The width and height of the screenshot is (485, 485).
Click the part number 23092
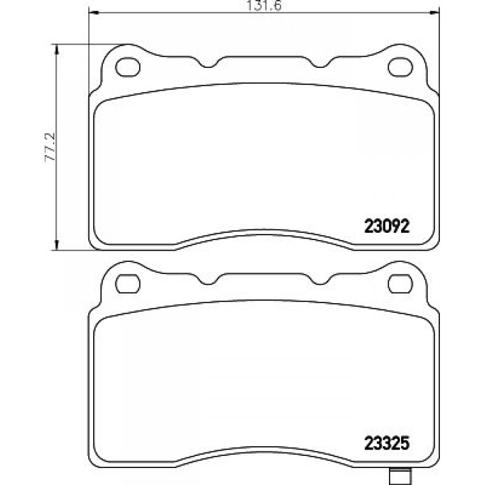click(387, 226)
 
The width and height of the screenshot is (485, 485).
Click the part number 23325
click(387, 443)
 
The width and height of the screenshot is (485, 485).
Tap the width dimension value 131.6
click(264, 5)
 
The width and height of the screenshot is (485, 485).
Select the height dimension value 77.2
click(49, 146)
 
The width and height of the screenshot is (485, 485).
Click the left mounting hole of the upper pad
click(128, 67)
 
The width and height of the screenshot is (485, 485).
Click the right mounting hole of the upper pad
click(400, 67)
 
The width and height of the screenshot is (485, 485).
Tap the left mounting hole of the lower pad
click(128, 284)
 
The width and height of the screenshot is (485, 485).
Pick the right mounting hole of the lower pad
click(400, 284)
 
